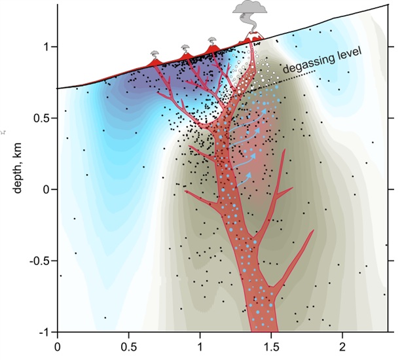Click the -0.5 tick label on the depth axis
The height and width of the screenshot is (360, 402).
click(x=38, y=261)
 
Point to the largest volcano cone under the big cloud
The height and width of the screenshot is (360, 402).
click(x=252, y=39)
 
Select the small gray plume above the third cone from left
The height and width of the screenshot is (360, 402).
click(x=211, y=41)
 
